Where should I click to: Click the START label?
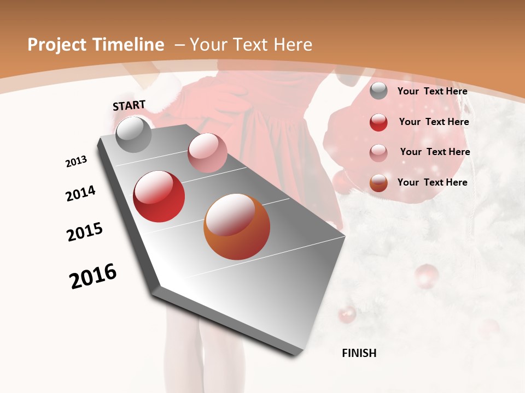(x=129, y=105)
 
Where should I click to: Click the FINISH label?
(x=359, y=353)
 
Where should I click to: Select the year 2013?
(x=76, y=162)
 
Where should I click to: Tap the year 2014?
(x=80, y=194)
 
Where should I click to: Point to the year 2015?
(x=85, y=232)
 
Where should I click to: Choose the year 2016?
(x=93, y=276)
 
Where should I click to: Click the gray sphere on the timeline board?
(x=133, y=134)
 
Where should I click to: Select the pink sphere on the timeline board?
(x=207, y=152)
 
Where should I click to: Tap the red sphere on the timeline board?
(x=159, y=196)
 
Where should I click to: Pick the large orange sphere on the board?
(x=237, y=227)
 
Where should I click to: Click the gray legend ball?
(x=378, y=91)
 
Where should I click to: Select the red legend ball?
(x=378, y=122)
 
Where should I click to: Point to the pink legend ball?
(x=378, y=152)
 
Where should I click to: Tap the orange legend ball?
(x=378, y=183)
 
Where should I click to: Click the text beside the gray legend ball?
(x=432, y=91)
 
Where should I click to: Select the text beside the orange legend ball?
(x=432, y=182)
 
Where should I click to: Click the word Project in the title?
(x=57, y=45)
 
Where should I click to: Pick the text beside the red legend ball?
(x=434, y=122)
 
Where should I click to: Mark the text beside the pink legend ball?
(x=435, y=152)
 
